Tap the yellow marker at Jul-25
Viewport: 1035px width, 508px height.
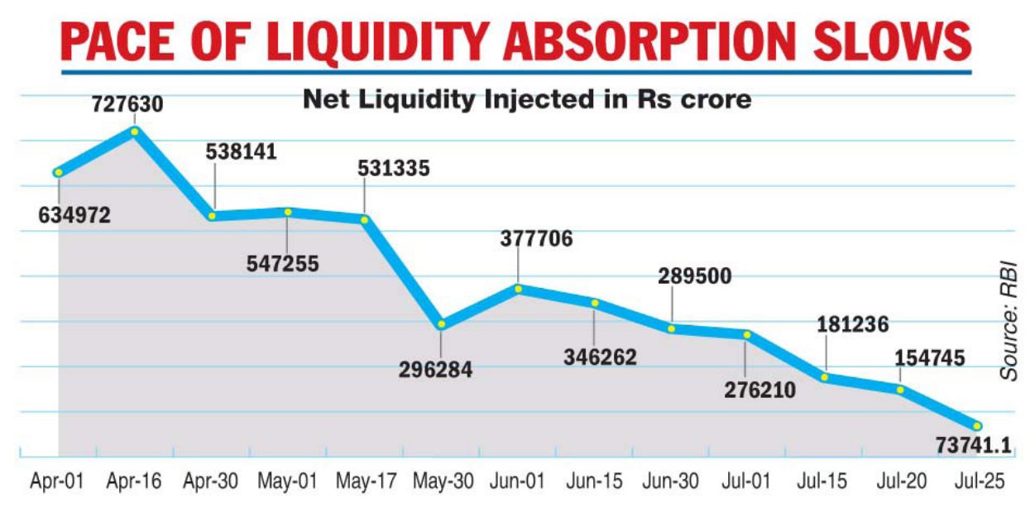(977, 425)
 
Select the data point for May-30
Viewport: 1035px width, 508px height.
(442, 323)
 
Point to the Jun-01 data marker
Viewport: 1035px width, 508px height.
(518, 289)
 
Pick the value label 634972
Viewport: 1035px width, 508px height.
(74, 217)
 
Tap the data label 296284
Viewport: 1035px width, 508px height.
(436, 370)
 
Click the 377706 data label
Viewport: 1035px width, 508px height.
(536, 239)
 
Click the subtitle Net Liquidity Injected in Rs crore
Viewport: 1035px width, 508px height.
(527, 100)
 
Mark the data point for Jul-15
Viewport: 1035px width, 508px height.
(826, 377)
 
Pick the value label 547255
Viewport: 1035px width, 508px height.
(281, 263)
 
